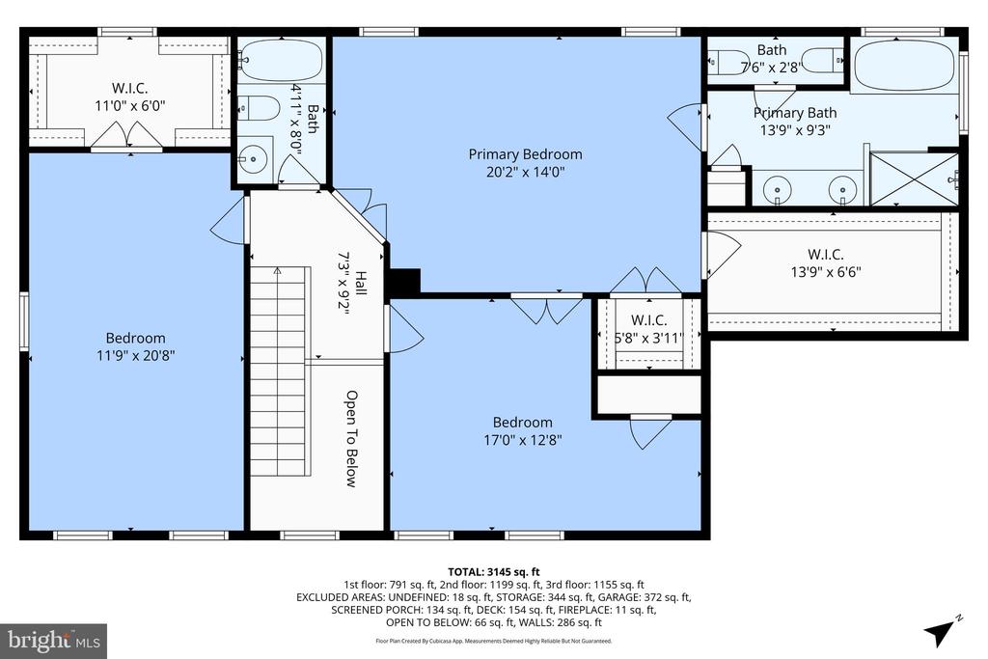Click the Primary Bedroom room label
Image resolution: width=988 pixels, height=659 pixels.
click(525, 154)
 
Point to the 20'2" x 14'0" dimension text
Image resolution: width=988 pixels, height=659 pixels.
click(525, 173)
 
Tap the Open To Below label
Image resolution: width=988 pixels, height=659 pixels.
click(352, 439)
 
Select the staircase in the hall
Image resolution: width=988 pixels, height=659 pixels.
click(278, 371)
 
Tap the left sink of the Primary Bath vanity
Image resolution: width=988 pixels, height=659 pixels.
click(779, 190)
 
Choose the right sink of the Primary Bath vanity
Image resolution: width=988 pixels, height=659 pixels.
click(842, 190)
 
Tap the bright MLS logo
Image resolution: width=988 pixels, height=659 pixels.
click(54, 640)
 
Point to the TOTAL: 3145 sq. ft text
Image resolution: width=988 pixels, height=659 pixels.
click(493, 571)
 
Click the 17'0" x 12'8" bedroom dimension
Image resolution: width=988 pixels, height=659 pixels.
click(522, 439)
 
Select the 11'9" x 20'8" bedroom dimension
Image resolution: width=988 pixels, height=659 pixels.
click(135, 355)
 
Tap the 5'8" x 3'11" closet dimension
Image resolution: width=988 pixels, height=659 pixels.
click(648, 338)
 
